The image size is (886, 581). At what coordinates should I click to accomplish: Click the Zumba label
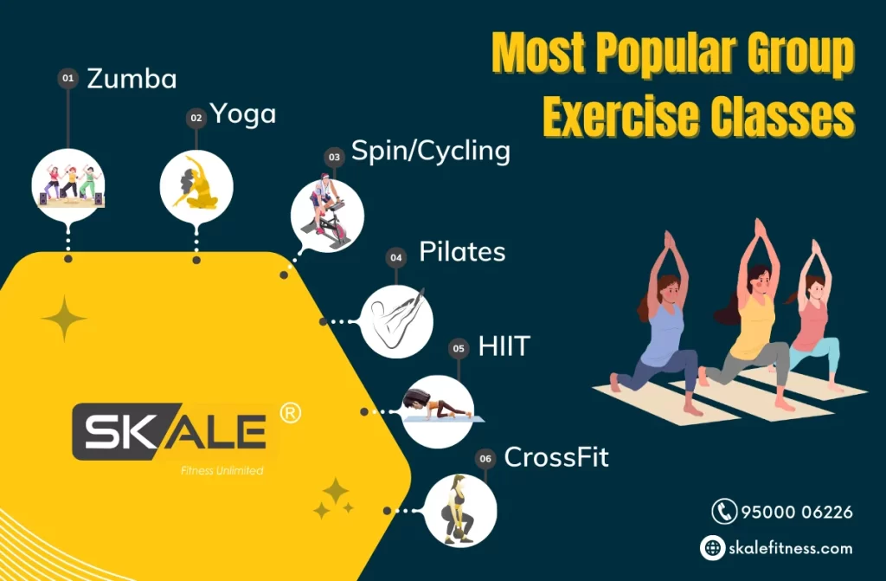(132, 79)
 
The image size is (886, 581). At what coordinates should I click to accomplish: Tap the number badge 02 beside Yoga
(196, 118)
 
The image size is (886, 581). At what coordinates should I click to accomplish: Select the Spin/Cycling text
(431, 151)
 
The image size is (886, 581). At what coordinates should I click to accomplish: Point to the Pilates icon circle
(396, 321)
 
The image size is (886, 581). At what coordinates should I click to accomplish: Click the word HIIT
(504, 346)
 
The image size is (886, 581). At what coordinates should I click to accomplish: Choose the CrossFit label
(556, 457)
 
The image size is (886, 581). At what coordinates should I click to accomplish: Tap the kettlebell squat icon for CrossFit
(460, 510)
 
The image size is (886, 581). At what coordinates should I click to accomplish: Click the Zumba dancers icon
(68, 185)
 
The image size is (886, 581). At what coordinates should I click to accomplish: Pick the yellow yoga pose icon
(196, 186)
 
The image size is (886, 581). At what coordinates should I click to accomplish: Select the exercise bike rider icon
(327, 216)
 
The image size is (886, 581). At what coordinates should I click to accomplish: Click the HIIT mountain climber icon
(438, 411)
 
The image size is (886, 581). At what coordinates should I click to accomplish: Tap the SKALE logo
(170, 432)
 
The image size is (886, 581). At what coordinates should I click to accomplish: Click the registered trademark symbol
(291, 413)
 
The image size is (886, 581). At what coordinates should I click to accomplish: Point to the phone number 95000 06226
(797, 512)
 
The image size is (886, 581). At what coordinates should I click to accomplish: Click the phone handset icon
(724, 512)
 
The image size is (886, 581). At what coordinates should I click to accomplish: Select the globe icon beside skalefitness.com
(713, 547)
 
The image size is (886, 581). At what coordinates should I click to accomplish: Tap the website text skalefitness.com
(791, 547)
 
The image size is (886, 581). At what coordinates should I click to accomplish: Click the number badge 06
(485, 458)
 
